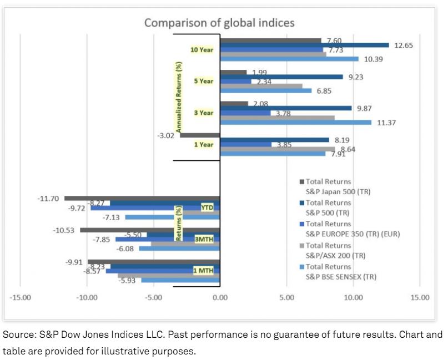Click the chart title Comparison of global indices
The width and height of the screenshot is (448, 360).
219,23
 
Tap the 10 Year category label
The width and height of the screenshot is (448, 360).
202,50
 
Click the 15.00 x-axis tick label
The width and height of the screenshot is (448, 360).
420,297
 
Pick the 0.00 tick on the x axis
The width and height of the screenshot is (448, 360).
220,297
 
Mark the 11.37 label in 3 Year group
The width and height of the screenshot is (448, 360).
386,123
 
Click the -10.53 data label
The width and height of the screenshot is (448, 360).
67,230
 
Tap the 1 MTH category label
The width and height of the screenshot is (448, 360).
202,270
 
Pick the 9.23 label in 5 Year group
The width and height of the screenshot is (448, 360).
355,77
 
